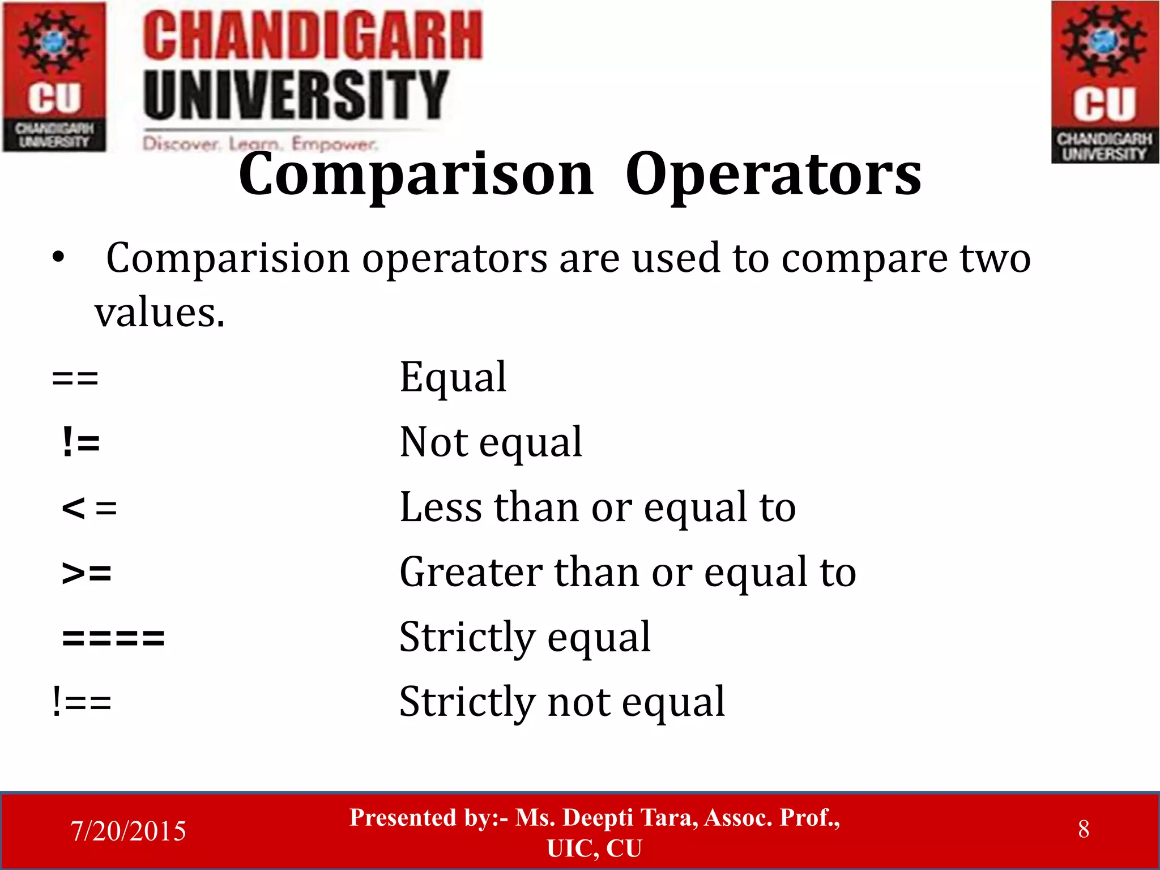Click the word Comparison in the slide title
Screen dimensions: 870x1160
click(x=416, y=176)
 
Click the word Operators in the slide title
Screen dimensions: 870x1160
click(x=773, y=176)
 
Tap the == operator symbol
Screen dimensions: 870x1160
click(x=75, y=378)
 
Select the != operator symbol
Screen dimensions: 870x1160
click(x=81, y=442)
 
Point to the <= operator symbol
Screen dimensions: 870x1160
click(x=89, y=508)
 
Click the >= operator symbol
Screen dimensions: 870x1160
click(x=87, y=573)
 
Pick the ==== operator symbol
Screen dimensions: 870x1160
click(x=113, y=638)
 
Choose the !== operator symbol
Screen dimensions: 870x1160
click(x=82, y=703)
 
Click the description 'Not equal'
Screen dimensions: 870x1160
click(x=491, y=442)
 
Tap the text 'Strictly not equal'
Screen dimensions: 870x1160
click(x=562, y=703)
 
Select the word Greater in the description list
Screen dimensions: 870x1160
click(x=471, y=572)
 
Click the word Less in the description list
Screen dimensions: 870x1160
click(x=441, y=507)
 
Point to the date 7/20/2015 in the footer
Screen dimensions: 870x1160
click(x=128, y=831)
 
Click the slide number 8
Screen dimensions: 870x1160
click(x=1083, y=829)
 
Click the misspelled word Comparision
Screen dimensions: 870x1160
click(x=228, y=259)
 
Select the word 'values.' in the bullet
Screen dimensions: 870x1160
click(x=159, y=313)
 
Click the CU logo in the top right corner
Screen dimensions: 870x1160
click(x=1104, y=82)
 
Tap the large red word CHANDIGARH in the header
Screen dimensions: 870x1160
click(x=312, y=36)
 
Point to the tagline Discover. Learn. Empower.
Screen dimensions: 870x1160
click(x=260, y=144)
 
